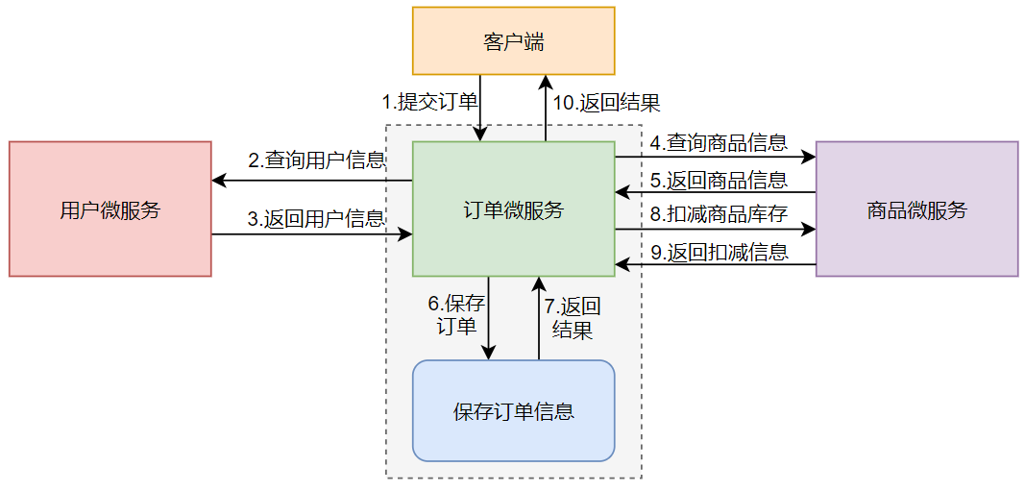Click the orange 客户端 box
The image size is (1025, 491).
(513, 40)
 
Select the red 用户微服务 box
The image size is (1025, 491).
(110, 209)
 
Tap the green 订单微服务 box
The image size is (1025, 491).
(513, 209)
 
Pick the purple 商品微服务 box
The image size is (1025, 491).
(916, 209)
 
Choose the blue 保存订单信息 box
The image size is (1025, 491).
(513, 411)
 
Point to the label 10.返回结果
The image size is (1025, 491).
(606, 103)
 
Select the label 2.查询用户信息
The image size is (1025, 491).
(316, 160)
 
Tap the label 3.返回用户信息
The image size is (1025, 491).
(316, 219)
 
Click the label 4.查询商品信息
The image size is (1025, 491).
(718, 143)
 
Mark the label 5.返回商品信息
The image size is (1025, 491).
(718, 180)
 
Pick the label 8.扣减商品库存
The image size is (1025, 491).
(718, 215)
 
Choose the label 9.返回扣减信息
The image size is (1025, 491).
(718, 253)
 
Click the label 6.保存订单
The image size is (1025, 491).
(456, 314)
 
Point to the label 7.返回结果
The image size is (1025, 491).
(573, 318)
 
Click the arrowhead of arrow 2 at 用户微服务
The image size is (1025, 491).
(218, 180)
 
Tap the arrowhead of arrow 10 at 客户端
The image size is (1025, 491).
(547, 81)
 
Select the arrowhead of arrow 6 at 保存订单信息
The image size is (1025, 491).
(489, 354)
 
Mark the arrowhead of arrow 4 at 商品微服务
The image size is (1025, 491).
(810, 155)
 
